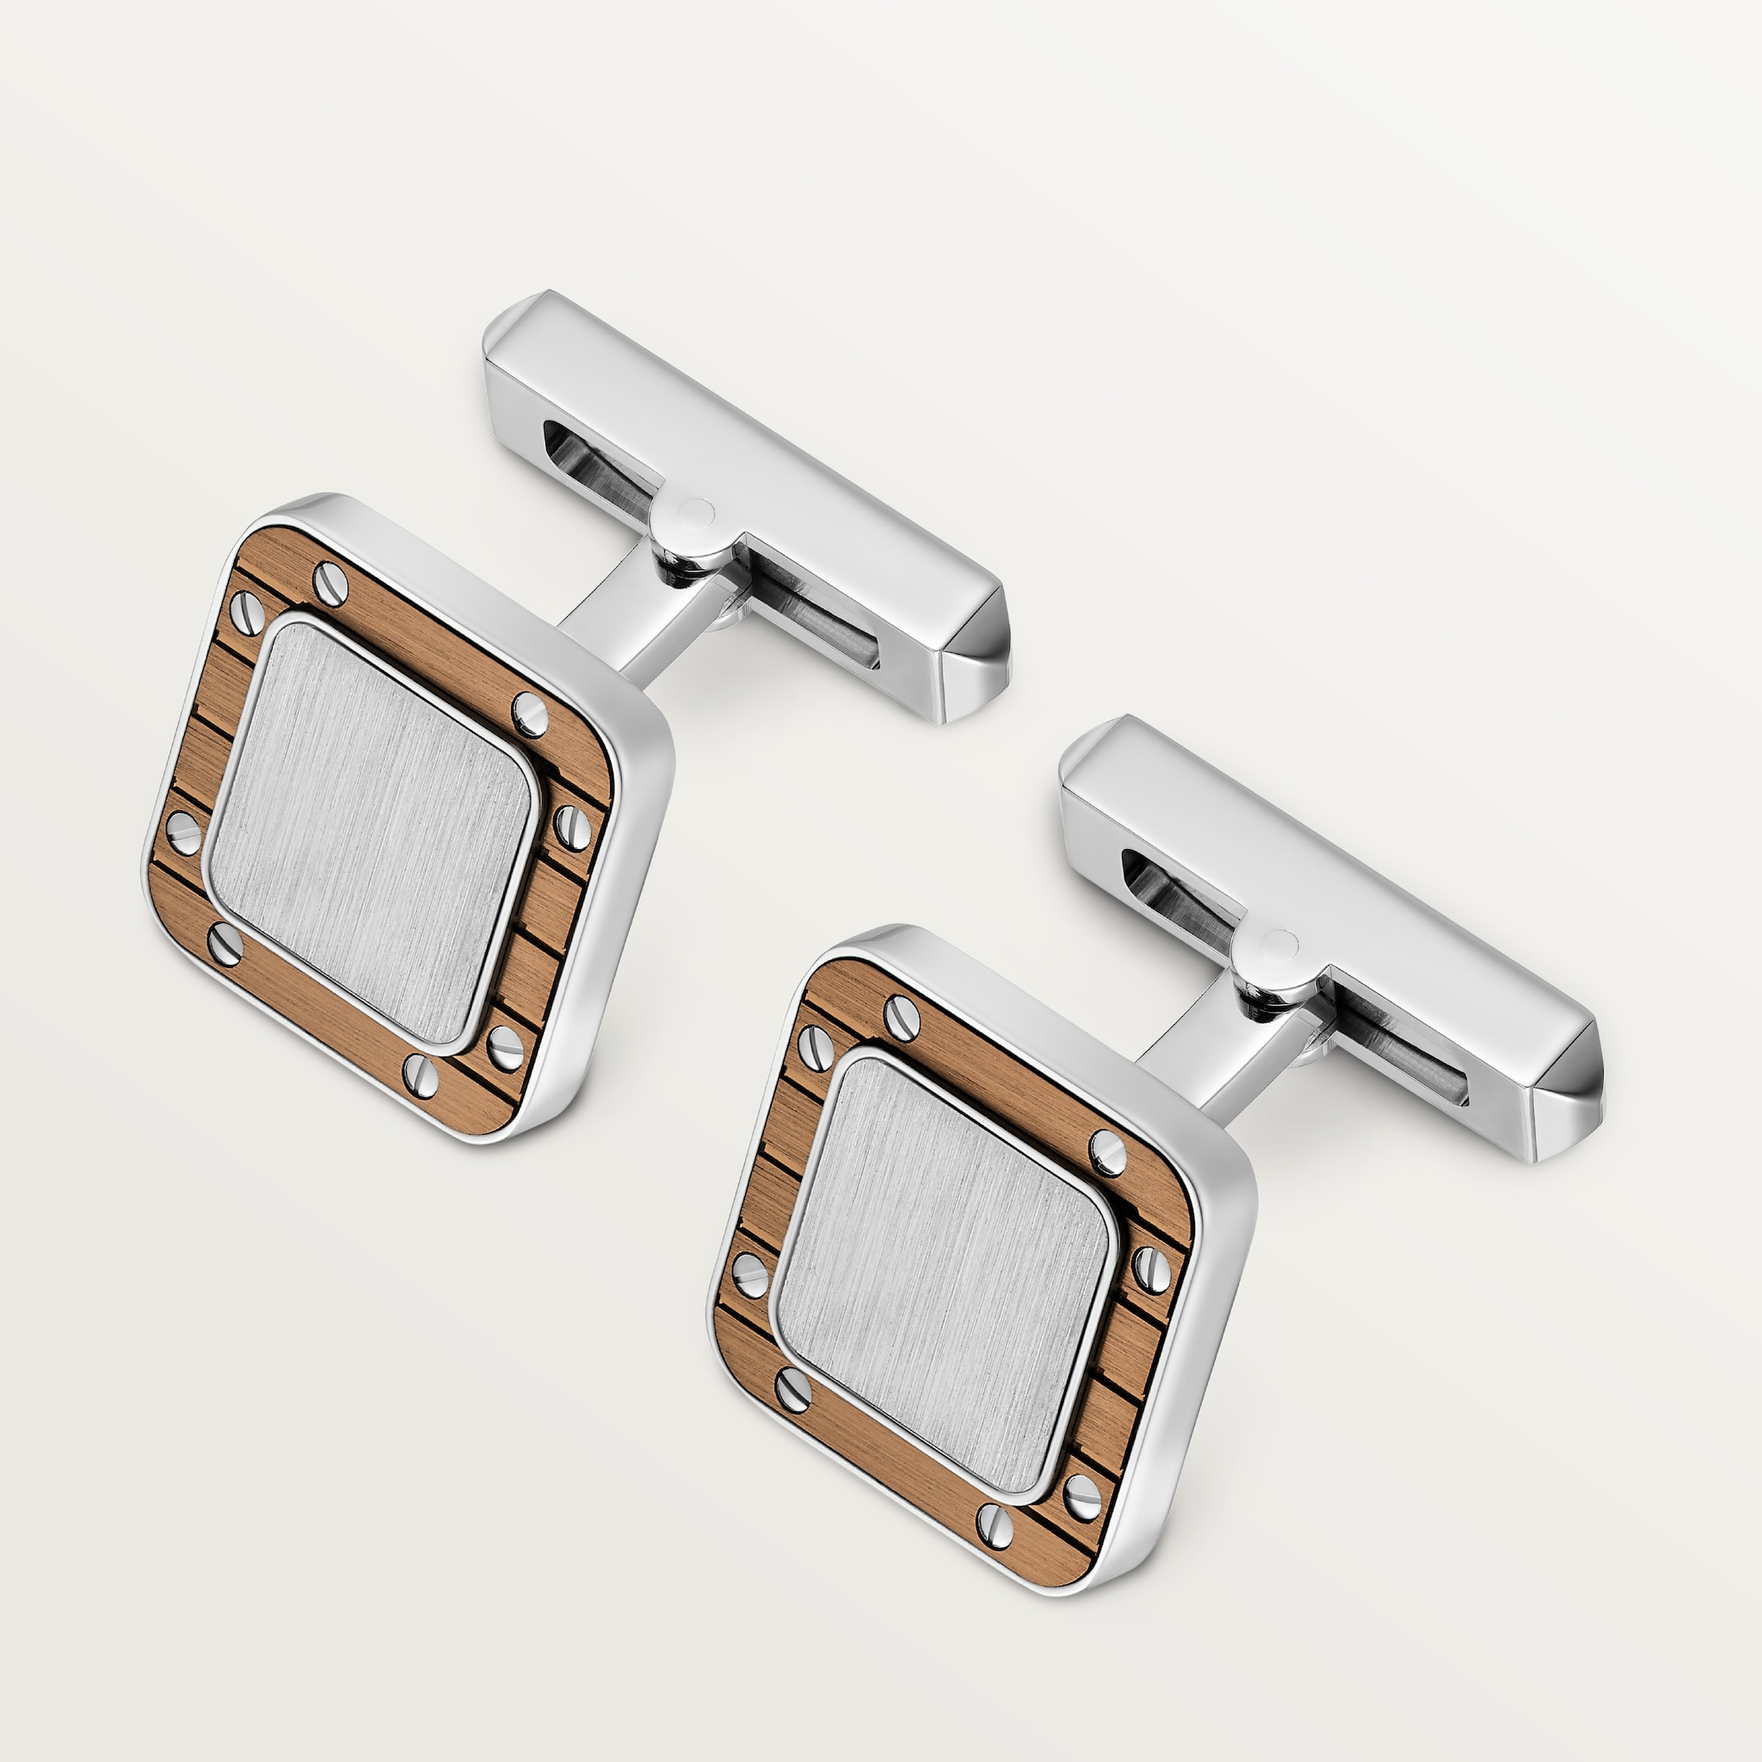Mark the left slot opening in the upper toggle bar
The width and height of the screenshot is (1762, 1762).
[x=597, y=465]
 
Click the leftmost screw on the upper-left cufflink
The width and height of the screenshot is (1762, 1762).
[x=183, y=831]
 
